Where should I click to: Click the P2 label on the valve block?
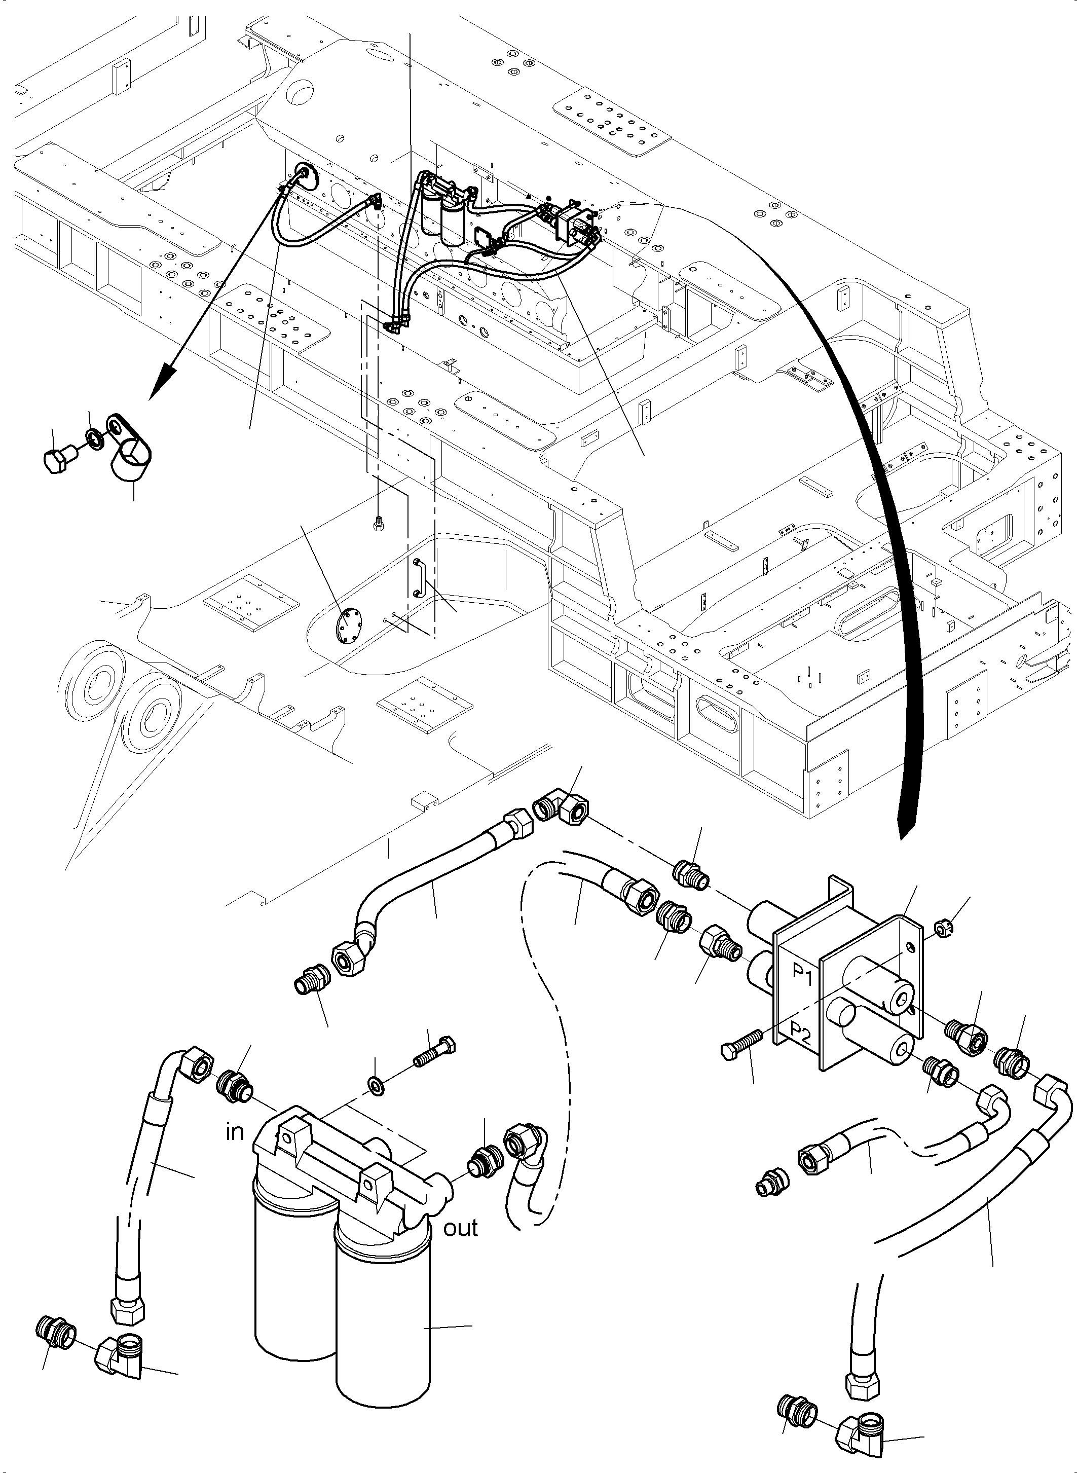[801, 1032]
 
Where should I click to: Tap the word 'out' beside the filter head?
[460, 1229]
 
